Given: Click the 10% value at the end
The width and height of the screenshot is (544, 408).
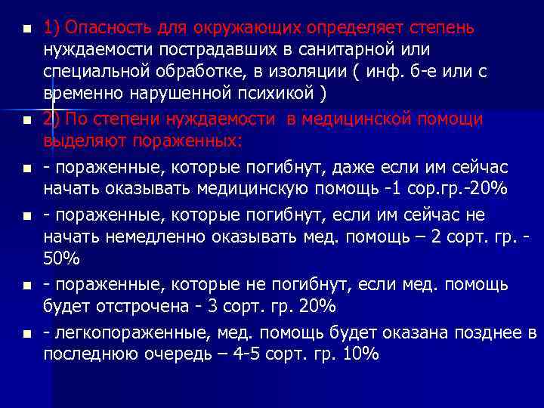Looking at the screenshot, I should click(x=359, y=354).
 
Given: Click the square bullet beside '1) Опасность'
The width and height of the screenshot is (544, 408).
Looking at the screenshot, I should click(x=26, y=30).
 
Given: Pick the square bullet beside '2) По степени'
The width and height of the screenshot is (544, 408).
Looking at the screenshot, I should click(x=26, y=121).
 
